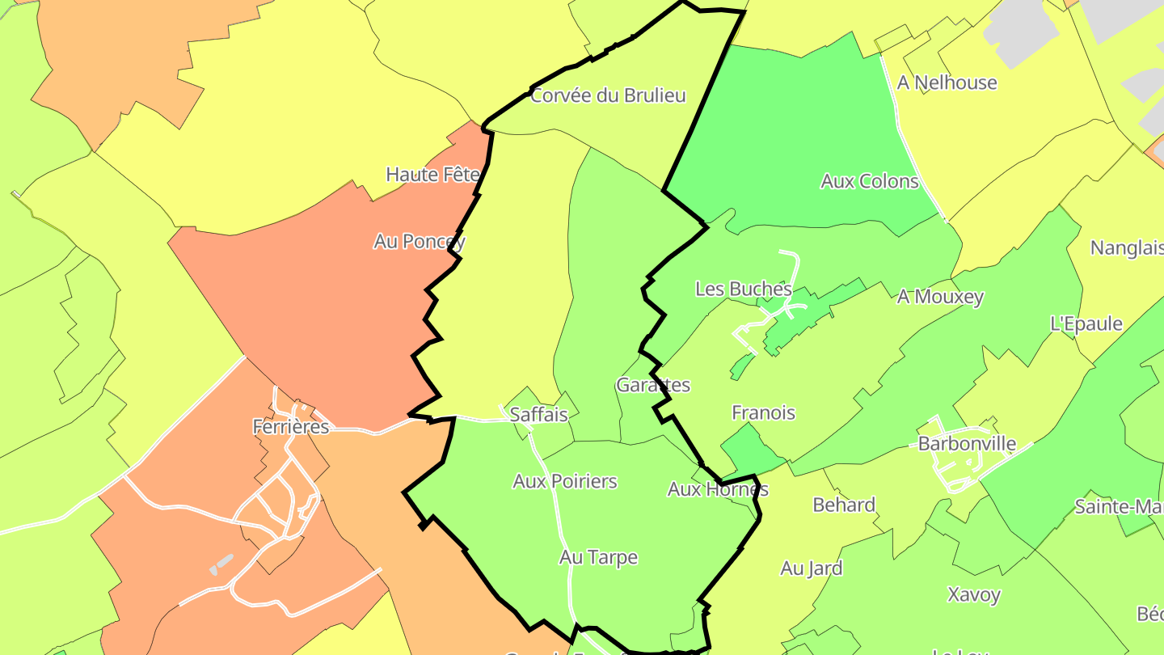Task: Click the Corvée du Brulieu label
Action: coord(608,95)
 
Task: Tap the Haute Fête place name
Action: coord(433,174)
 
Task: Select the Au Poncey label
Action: coord(419,241)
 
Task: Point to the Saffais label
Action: coord(538,414)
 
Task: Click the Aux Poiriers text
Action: coord(564,481)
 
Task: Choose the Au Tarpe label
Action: coord(598,557)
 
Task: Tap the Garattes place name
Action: coord(653,385)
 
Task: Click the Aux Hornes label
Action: coord(717,489)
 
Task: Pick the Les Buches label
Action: coord(743,289)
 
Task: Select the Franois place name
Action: coord(763,412)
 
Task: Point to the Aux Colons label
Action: coord(869,181)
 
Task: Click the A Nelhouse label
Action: coord(947,82)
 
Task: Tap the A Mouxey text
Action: coord(940,297)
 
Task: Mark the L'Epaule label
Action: coord(1086,323)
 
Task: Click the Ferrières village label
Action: coord(291,426)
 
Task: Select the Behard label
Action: coord(843,505)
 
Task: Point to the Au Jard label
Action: coord(811,568)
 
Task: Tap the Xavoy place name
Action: coord(973,595)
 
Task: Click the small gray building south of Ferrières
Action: coord(220,564)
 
